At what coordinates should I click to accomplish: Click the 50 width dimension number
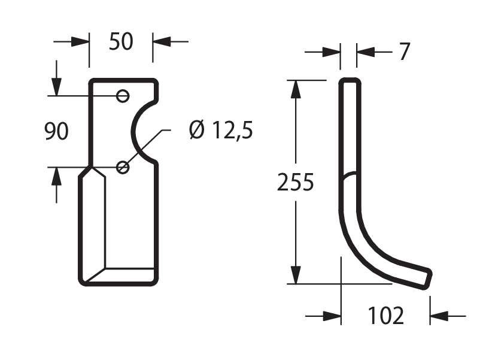[x=121, y=42]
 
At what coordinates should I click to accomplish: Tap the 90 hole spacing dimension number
[x=56, y=131]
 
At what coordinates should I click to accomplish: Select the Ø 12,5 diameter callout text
[x=221, y=130]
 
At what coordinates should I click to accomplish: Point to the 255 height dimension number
[x=296, y=182]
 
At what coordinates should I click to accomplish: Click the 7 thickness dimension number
[x=405, y=52]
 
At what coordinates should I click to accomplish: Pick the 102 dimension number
[x=385, y=316]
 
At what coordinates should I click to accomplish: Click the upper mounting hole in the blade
[x=123, y=96]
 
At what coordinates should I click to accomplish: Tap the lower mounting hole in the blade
[x=123, y=167]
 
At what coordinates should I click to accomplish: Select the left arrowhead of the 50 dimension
[x=80, y=42]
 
